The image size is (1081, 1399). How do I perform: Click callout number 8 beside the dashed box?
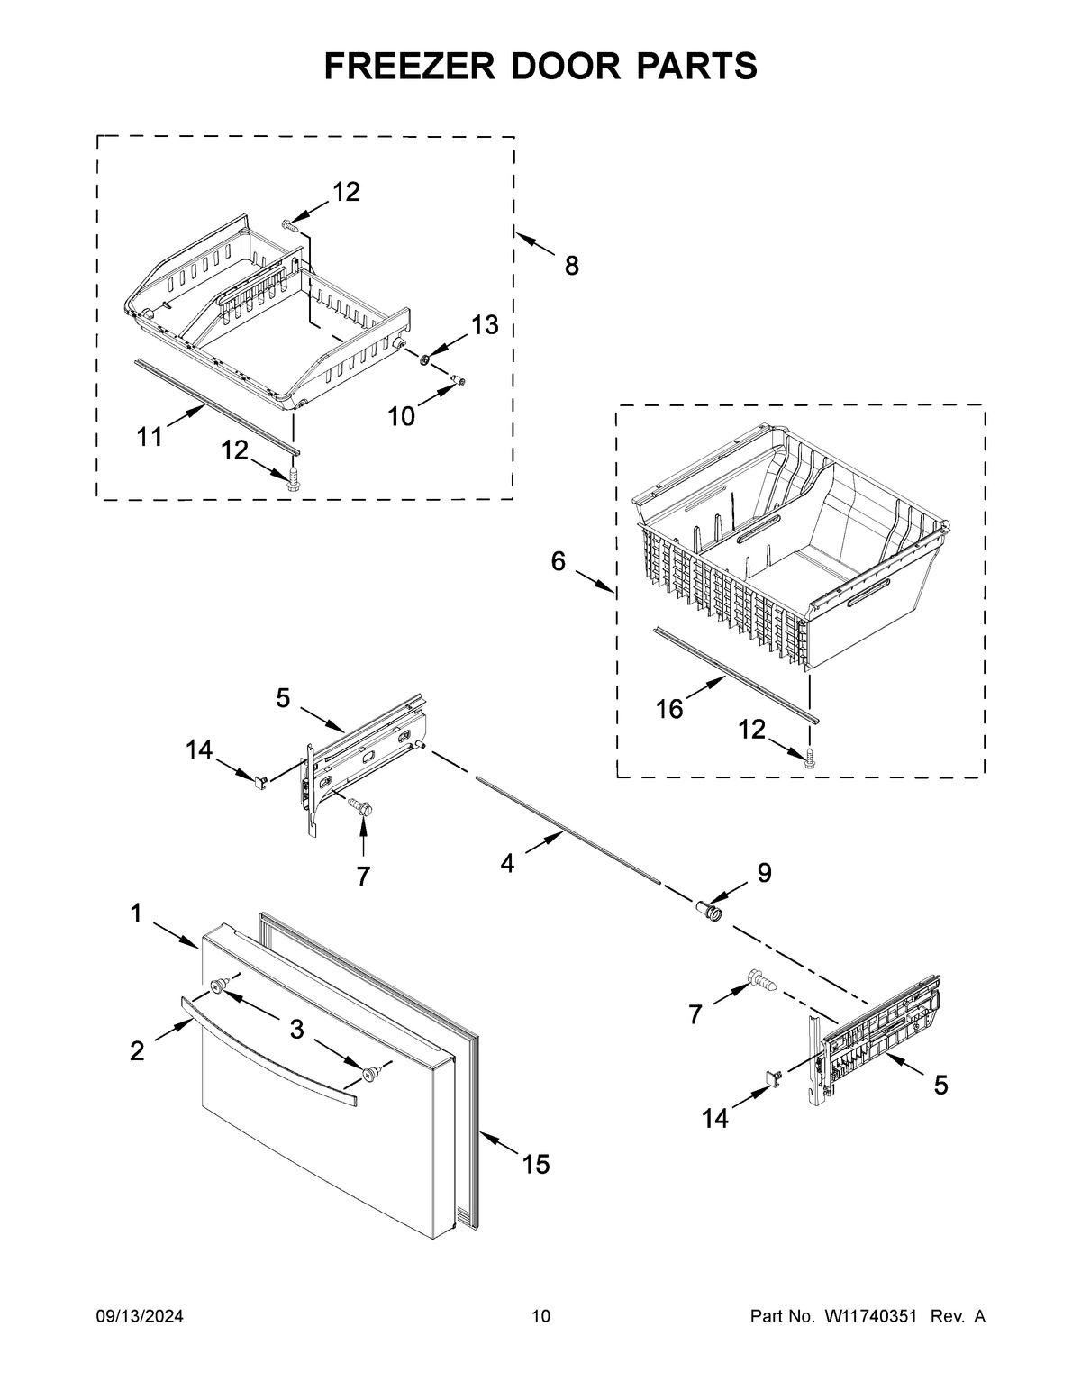point(571,266)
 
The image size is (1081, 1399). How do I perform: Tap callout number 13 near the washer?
point(485,325)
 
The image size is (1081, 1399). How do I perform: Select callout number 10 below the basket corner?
point(402,416)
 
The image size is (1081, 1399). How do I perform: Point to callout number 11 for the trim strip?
point(150,437)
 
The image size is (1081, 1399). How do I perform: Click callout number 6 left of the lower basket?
point(559,562)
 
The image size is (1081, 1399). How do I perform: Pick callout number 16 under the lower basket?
point(669,709)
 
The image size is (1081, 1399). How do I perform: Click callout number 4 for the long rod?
point(507,864)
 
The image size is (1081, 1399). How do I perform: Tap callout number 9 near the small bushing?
point(764,872)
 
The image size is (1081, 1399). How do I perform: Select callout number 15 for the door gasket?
point(535,1165)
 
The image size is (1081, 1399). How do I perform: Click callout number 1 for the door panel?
point(135,913)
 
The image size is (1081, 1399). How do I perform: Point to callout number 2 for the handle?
point(137,1050)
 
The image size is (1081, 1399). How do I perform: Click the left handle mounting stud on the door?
point(218,987)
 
